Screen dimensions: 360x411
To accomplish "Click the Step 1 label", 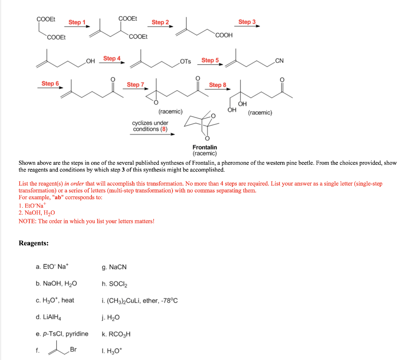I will [x=77, y=22].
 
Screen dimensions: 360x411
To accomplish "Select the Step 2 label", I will [x=160, y=22].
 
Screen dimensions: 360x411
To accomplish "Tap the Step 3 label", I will [x=247, y=22].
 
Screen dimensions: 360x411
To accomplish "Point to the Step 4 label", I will [x=112, y=59].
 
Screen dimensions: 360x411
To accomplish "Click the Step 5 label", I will [x=210, y=60].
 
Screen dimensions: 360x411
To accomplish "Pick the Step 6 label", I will [x=50, y=83].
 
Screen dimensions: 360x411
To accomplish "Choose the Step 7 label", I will [x=135, y=85].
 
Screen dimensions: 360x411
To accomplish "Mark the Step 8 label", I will [x=218, y=85].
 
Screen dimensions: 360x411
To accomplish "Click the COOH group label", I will [x=224, y=35].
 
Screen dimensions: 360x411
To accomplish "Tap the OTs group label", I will [x=185, y=61].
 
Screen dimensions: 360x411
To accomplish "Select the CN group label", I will [x=279, y=61].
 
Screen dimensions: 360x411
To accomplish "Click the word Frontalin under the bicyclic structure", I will [x=205, y=148].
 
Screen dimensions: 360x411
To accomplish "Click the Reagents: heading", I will [x=34, y=243].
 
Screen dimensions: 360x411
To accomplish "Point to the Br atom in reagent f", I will [x=73, y=349].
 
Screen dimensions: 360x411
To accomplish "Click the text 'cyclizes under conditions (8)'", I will [x=150, y=126].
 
